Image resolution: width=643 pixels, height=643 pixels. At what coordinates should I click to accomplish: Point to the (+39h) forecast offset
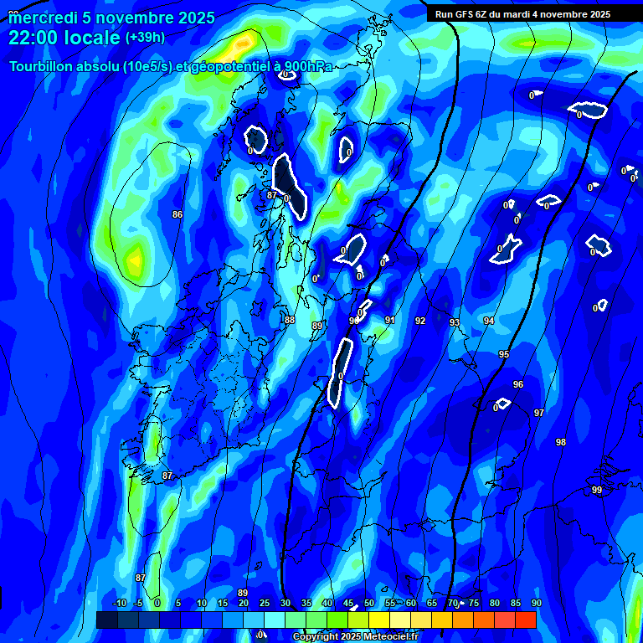click(145, 38)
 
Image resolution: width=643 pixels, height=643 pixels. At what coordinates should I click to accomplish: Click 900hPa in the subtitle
click(305, 67)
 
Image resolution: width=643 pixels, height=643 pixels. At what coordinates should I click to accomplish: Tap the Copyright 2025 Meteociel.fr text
click(355, 637)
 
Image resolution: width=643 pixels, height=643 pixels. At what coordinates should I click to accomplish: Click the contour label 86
click(177, 214)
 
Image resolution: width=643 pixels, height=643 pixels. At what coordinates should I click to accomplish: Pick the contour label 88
click(290, 320)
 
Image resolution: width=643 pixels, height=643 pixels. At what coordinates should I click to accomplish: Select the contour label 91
click(390, 320)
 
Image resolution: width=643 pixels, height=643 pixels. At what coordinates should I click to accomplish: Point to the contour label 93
click(455, 322)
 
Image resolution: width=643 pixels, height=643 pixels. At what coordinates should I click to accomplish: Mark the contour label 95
click(504, 355)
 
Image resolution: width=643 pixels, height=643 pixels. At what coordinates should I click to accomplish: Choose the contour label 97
click(539, 413)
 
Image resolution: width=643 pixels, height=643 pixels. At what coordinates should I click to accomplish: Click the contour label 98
click(561, 442)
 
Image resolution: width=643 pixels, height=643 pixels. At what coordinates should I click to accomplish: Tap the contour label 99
click(597, 490)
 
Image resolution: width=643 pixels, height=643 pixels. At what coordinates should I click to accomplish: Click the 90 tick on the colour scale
click(536, 603)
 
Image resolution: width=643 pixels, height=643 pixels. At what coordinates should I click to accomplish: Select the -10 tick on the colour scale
click(119, 603)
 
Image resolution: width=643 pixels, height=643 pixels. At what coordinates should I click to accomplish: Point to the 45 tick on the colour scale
click(348, 603)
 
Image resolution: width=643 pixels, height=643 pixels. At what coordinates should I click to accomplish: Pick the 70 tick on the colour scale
click(453, 603)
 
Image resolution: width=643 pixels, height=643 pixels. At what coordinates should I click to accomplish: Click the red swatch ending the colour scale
click(525, 620)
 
